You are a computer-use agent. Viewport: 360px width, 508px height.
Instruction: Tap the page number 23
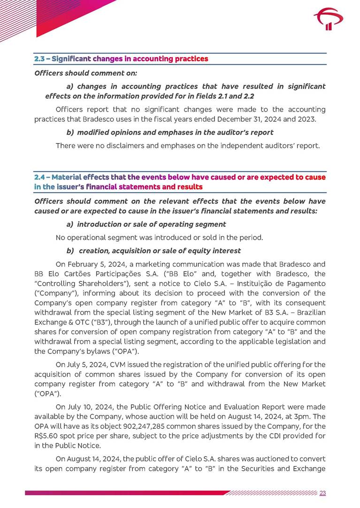click(322, 493)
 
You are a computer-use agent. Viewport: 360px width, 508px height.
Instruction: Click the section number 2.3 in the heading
click(40, 59)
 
